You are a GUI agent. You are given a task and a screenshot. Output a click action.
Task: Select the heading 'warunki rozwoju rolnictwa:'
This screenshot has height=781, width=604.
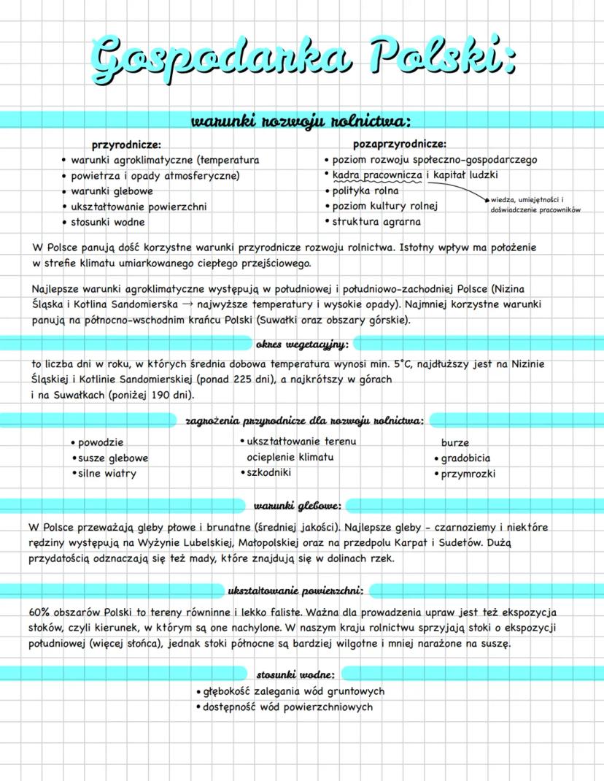pos(301,120)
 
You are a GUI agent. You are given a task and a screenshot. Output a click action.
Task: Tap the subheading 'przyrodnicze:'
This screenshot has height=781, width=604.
pos(126,145)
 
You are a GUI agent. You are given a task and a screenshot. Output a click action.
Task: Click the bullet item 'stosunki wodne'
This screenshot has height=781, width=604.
pos(108,222)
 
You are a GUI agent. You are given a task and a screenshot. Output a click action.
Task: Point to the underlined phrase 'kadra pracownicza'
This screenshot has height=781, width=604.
pos(377,175)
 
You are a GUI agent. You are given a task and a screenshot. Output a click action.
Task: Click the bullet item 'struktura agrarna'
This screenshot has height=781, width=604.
pos(376,222)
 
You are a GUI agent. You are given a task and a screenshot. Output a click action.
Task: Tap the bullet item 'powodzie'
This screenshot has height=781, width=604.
pos(101,442)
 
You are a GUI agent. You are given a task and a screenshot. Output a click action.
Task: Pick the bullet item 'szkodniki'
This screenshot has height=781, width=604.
pos(269,473)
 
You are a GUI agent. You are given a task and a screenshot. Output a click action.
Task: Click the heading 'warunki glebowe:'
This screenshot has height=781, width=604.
pos(298,505)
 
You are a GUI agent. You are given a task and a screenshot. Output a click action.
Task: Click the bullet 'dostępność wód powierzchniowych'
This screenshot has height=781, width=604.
pos(287,707)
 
